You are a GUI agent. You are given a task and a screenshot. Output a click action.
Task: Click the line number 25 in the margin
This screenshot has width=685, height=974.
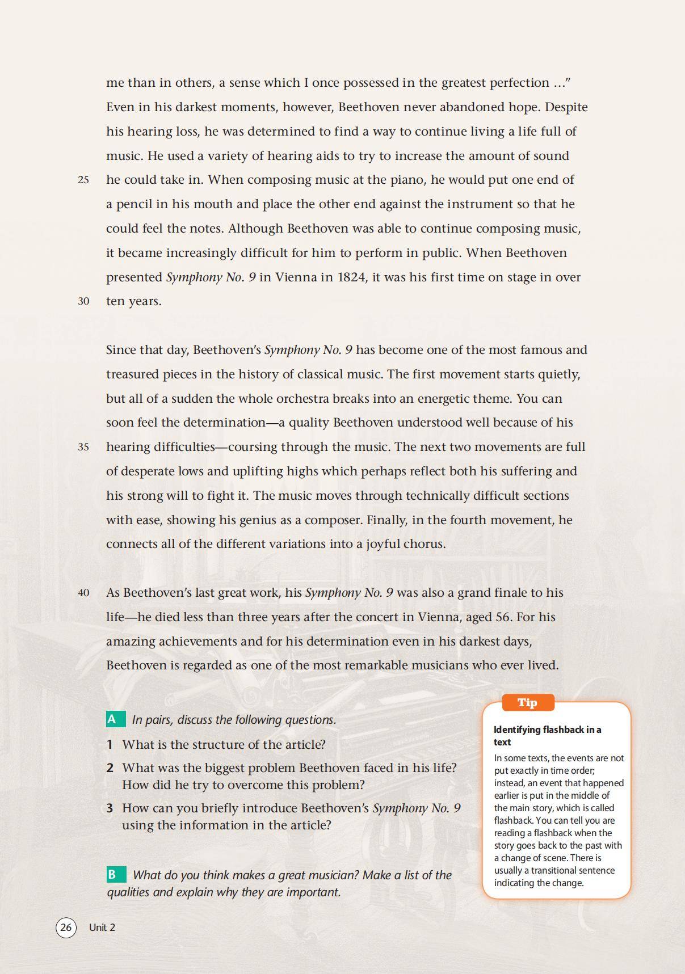[83, 180]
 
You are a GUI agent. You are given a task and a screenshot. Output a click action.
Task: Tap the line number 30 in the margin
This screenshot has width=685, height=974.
[83, 301]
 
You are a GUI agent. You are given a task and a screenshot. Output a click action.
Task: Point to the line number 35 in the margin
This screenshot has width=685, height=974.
[83, 447]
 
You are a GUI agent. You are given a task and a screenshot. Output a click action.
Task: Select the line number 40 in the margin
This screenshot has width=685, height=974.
[83, 593]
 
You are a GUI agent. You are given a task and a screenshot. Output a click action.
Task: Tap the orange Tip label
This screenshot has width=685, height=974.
[527, 702]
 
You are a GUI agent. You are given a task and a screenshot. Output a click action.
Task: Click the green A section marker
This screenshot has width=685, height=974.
[112, 719]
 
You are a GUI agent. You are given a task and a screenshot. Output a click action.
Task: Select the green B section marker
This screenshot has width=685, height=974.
[112, 875]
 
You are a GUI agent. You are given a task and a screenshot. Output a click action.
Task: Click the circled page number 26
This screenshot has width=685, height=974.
[66, 927]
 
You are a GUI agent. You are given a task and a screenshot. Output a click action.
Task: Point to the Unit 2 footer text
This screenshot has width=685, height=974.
[102, 927]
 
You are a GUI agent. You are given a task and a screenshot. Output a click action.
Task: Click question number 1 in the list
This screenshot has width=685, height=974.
[110, 744]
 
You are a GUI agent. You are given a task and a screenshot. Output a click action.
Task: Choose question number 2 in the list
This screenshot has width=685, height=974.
[110, 768]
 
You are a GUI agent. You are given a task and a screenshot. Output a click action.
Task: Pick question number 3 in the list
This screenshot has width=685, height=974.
[110, 808]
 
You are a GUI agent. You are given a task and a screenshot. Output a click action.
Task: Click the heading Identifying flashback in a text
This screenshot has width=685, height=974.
[547, 736]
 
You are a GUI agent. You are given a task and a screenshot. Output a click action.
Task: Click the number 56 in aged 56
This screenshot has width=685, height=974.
[503, 617]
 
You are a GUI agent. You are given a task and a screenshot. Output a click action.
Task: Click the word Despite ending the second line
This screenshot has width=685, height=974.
[566, 107]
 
